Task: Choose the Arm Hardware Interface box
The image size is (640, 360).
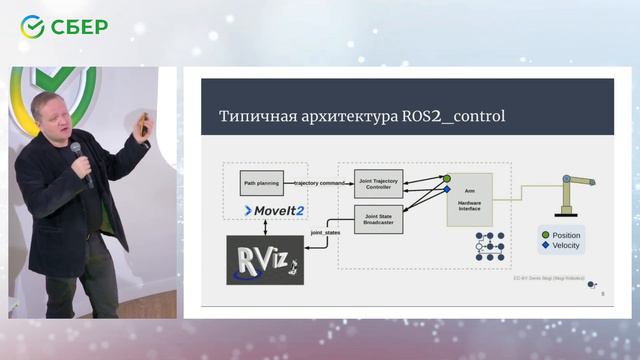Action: pos(469,199)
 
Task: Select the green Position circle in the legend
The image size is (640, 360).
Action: pos(545,235)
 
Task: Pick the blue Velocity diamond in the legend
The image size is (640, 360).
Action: pos(545,246)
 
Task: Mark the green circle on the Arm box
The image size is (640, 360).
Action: pos(447,178)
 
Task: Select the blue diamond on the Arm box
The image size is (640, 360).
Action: pos(447,189)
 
